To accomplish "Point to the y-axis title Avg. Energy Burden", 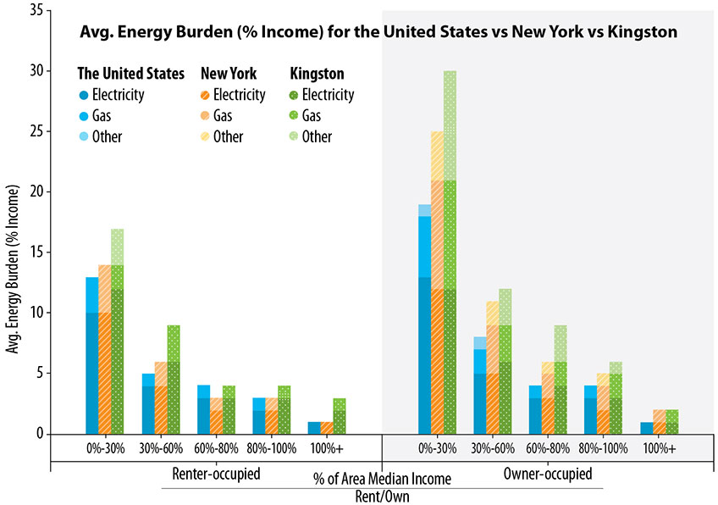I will coord(13,263).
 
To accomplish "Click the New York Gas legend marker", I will coord(206,115).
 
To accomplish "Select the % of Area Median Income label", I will coord(382,480).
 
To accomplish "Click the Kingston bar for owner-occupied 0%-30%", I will coord(450,252).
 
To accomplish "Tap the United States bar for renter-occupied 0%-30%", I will coord(91,355).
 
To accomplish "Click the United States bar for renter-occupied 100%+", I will coord(313,427).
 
